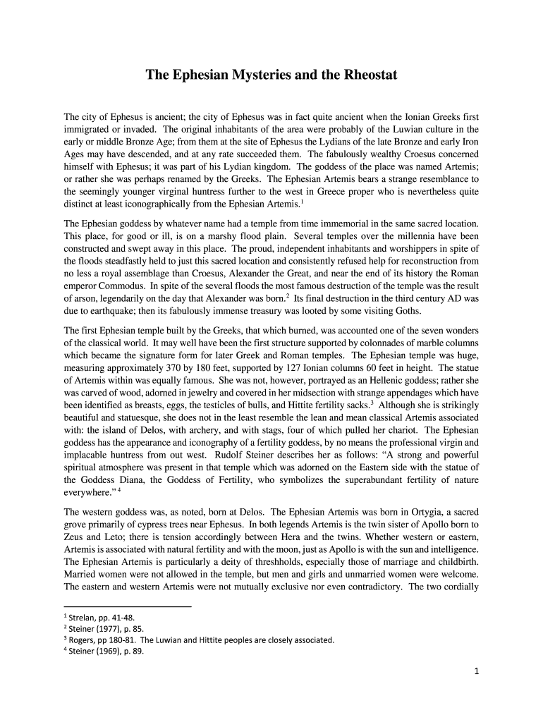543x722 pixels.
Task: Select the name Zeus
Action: (x=75, y=538)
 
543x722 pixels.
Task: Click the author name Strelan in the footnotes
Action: (x=83, y=618)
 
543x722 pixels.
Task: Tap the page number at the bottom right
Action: (x=476, y=671)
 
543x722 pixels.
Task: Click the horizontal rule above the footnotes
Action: (x=127, y=606)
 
